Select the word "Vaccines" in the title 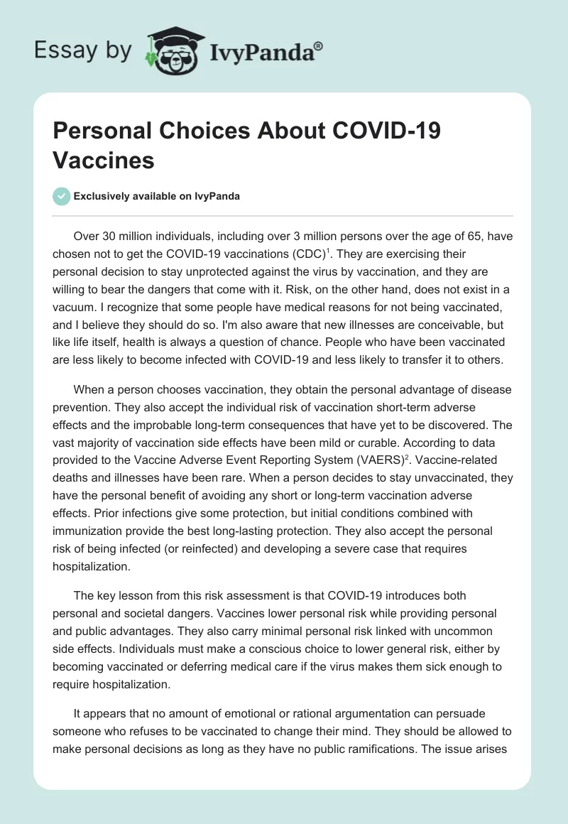[x=104, y=160]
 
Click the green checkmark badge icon [x=62, y=197]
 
